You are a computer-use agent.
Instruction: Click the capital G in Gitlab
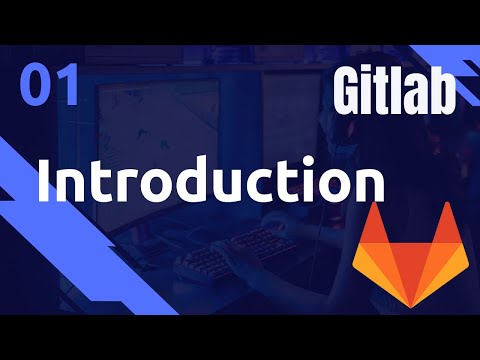point(349,93)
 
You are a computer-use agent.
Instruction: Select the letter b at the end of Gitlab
point(442,93)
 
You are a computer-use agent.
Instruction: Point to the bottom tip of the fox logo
point(410,307)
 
